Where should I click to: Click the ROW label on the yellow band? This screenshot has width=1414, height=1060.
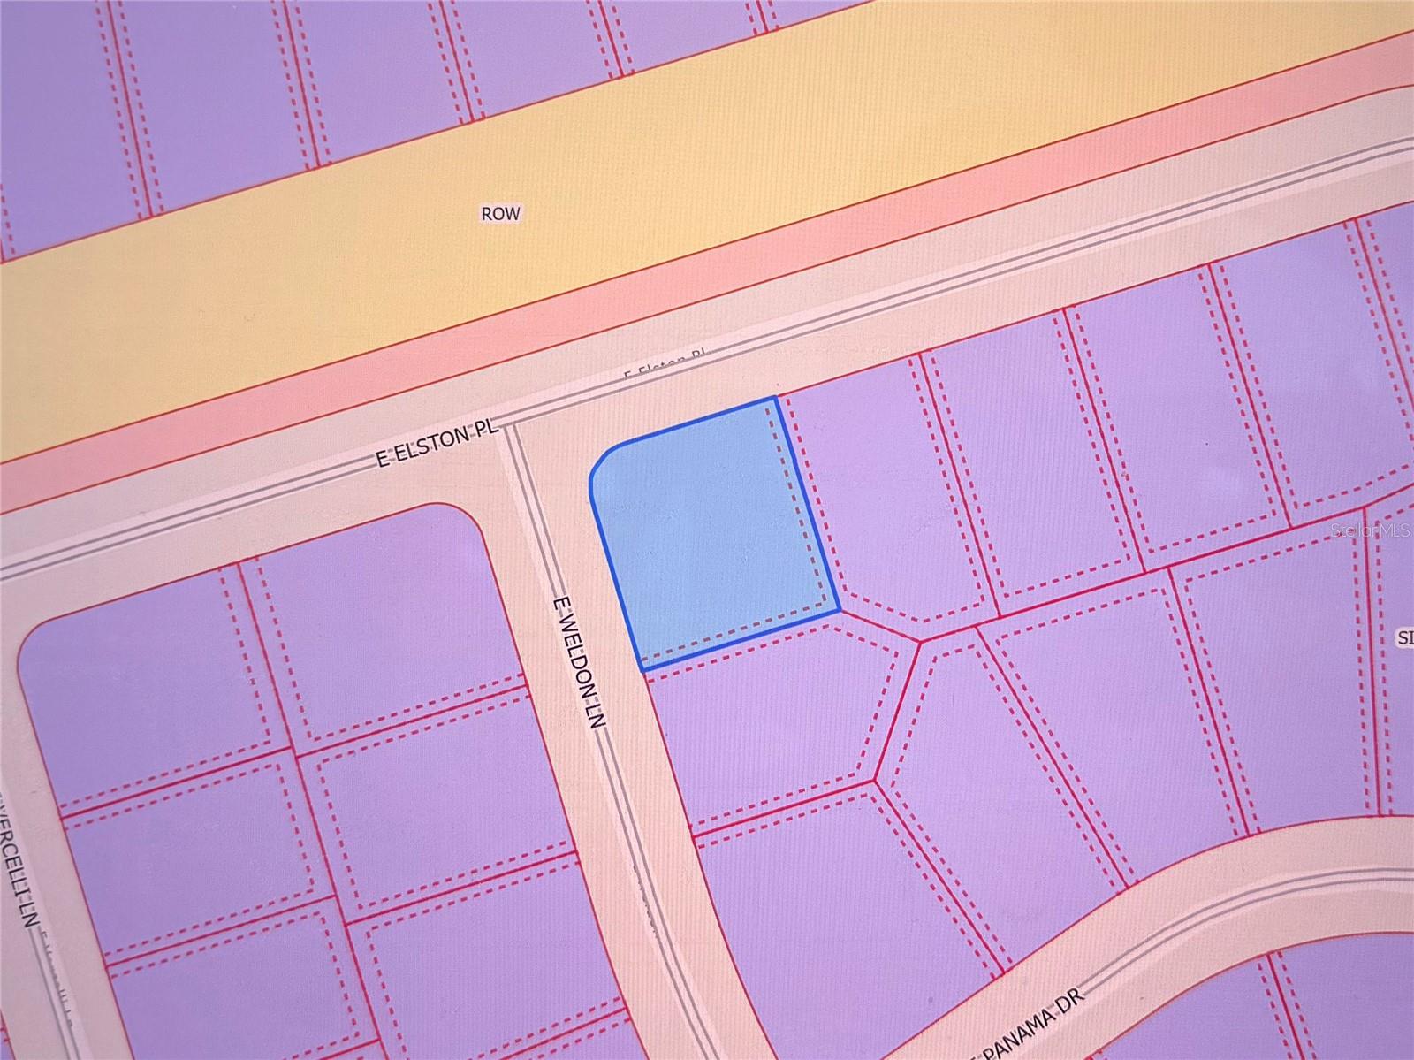500,213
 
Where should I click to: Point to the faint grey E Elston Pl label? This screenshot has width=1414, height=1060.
665,364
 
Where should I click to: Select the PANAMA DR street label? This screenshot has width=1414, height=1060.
1035,1025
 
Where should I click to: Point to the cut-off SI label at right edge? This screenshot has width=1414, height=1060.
1404,637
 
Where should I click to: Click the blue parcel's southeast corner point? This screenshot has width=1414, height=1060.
838,610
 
